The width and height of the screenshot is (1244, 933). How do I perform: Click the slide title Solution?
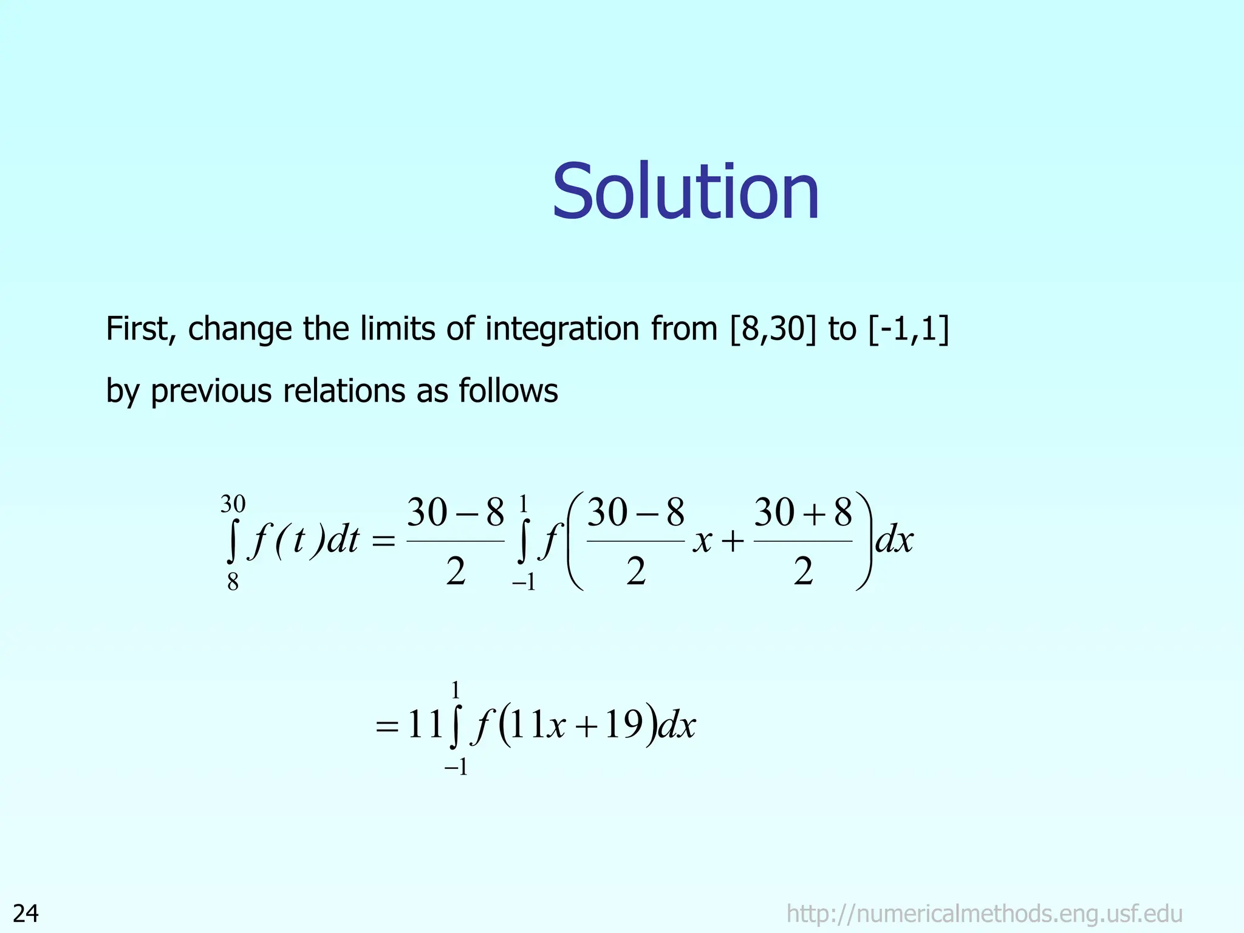pyautogui.click(x=686, y=192)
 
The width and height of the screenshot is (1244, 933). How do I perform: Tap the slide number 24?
pyautogui.click(x=26, y=914)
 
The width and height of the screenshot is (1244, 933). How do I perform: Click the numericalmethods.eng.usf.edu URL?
pyautogui.click(x=984, y=914)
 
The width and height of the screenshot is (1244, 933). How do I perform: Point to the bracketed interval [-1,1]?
pyautogui.click(x=909, y=329)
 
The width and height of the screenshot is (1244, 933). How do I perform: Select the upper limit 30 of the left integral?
pyautogui.click(x=233, y=504)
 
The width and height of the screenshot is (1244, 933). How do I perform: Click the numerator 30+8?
pyautogui.click(x=803, y=513)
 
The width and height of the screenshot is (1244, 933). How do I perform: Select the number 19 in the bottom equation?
pyautogui.click(x=624, y=725)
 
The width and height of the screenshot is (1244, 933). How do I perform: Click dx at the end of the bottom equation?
pyautogui.click(x=677, y=725)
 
